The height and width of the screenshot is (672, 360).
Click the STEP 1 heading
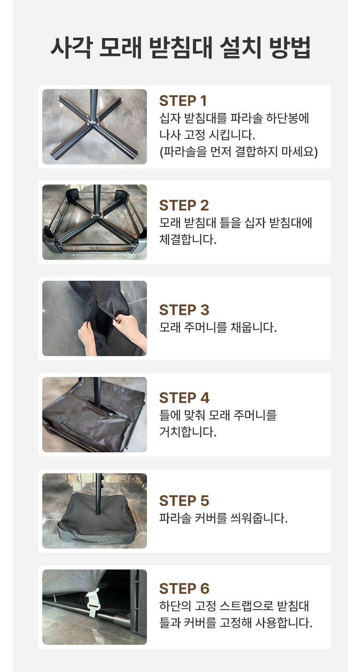(x=183, y=101)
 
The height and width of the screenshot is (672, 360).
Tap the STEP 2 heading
(x=184, y=205)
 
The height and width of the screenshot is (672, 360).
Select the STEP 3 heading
(x=184, y=310)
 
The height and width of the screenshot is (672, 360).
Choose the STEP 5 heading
(x=184, y=501)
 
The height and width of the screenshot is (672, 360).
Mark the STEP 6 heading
(x=184, y=589)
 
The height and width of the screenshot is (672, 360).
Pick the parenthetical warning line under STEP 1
(x=239, y=152)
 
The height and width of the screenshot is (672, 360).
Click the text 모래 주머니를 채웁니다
(x=218, y=327)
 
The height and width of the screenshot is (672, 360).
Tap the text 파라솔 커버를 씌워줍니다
(x=224, y=518)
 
